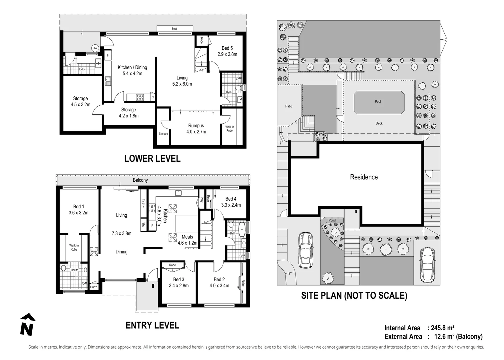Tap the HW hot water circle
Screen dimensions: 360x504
click(x=95, y=48)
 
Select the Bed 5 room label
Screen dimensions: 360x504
click(x=227, y=48)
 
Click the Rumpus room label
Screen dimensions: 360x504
click(x=196, y=126)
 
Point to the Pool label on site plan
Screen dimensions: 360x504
click(x=378, y=102)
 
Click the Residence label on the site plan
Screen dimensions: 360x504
click(x=364, y=177)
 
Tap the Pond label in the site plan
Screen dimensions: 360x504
click(x=332, y=220)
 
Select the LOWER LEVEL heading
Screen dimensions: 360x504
click(x=152, y=159)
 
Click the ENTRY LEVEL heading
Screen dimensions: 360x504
click(x=152, y=325)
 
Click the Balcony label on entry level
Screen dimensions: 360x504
click(x=140, y=180)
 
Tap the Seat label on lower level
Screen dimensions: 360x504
click(x=174, y=29)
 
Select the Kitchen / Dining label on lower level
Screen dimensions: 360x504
click(x=132, y=67)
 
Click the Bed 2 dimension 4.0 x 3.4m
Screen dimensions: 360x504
click(x=219, y=285)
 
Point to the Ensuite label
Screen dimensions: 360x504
click(x=74, y=270)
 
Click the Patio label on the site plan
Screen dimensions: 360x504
click(x=288, y=106)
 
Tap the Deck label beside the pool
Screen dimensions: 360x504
click(x=379, y=123)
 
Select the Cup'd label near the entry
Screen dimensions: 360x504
click(x=94, y=287)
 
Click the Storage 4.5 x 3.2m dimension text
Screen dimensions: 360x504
click(x=80, y=105)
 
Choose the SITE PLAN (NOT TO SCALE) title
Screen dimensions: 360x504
click(x=354, y=295)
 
